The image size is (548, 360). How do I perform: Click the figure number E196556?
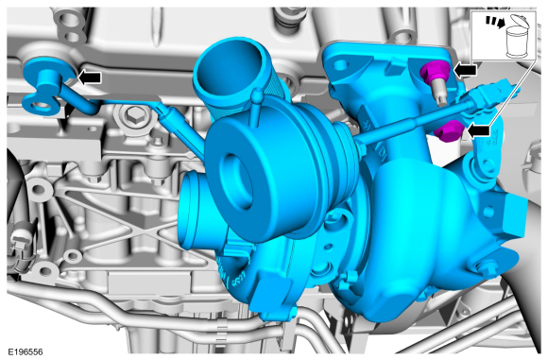tap(26, 351)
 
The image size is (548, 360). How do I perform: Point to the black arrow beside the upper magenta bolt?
tap(465, 71)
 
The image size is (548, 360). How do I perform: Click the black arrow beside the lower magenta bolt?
tap(478, 131)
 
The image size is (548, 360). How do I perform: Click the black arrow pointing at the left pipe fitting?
tap(90, 77)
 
